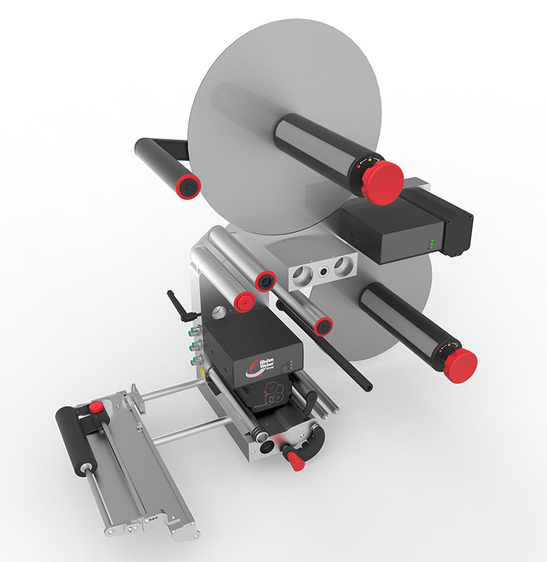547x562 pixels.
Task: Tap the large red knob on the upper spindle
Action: coord(382,180)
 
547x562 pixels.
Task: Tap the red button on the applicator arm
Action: coord(96,407)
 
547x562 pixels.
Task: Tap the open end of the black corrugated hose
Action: coord(369,388)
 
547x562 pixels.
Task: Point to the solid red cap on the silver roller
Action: coord(241,300)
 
